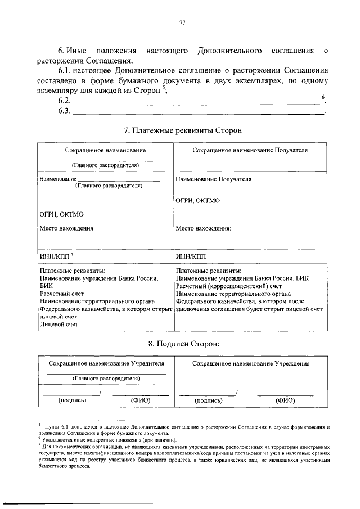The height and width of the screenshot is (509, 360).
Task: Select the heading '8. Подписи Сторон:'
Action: (182, 343)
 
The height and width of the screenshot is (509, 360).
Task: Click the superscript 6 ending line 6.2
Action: (323, 98)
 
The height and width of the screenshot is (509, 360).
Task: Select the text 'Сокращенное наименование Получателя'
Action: (250, 151)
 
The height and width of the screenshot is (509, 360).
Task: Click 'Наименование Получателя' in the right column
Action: (213, 179)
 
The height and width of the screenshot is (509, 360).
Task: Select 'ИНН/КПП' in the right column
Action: (191, 256)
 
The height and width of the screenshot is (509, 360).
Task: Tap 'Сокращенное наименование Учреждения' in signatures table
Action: (251, 364)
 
